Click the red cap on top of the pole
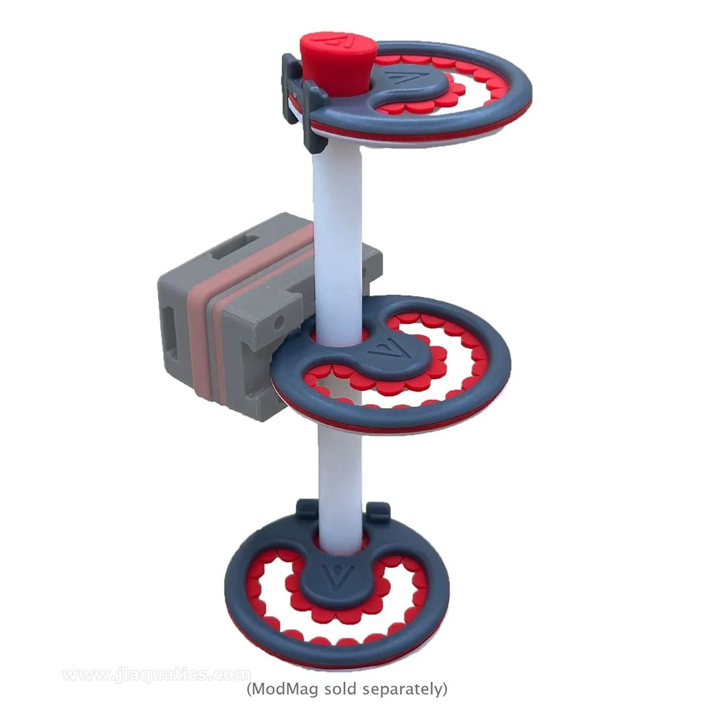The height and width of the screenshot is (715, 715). (x=338, y=63)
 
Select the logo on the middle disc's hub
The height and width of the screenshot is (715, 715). (x=390, y=350)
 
